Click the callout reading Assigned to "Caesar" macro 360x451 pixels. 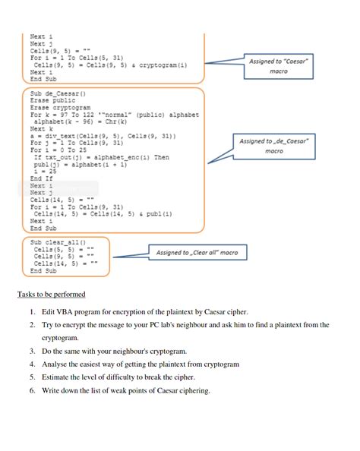point(279,66)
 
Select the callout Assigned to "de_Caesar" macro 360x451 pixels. point(274,146)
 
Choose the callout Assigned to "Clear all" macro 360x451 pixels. point(197,252)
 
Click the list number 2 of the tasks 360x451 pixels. point(33,325)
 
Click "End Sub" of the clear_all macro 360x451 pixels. point(44,270)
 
